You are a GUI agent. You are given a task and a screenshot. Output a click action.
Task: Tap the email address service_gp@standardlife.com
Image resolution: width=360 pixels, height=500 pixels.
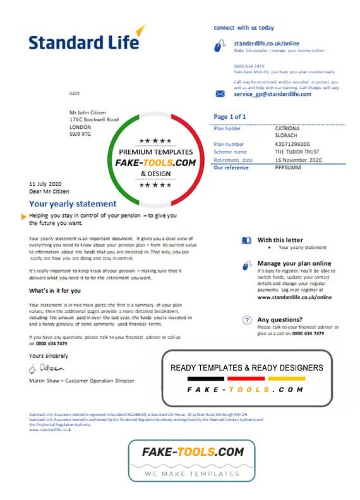(x=272, y=94)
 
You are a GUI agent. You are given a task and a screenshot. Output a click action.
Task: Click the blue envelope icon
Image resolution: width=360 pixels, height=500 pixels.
(x=220, y=94)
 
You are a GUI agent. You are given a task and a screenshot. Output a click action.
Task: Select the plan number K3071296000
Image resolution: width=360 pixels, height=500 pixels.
(x=277, y=145)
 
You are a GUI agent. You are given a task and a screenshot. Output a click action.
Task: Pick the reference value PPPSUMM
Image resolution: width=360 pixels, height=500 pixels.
(x=273, y=168)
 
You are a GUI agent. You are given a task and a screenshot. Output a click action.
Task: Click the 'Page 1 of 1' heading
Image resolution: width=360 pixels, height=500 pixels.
(x=230, y=117)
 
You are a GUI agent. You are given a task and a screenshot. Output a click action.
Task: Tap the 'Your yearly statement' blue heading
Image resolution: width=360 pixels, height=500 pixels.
(x=73, y=204)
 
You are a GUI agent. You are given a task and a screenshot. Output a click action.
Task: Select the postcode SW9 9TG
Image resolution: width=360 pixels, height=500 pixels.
(x=80, y=133)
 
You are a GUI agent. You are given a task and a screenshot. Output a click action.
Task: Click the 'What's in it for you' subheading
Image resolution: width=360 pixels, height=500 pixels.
(x=55, y=291)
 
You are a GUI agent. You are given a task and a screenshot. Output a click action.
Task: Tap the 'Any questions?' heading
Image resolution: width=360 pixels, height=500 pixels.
(x=280, y=320)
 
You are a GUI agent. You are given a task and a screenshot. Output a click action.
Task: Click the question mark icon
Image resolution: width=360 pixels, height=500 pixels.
(x=247, y=321)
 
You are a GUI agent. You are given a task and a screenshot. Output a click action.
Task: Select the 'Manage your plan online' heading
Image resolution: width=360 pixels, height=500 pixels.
(x=294, y=263)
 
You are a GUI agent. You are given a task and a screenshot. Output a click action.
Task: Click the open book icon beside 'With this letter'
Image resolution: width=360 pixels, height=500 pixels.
(x=246, y=240)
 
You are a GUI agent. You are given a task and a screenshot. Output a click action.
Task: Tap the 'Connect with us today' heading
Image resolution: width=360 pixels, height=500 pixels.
(x=244, y=28)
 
